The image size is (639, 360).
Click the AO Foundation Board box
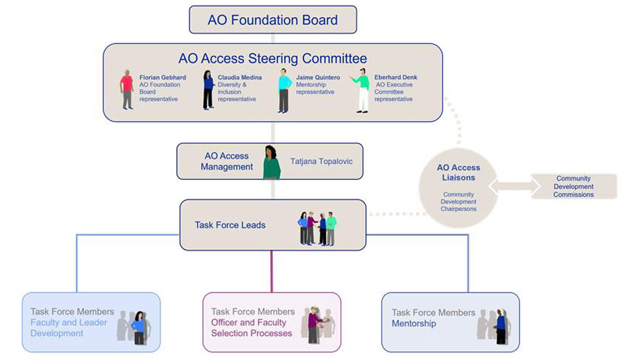273,20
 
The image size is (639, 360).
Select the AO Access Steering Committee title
273,58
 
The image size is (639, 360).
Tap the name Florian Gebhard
163,77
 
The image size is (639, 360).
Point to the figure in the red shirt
127,89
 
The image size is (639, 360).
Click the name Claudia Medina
240,77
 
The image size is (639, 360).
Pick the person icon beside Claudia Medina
208,89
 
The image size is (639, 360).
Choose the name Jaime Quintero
318,77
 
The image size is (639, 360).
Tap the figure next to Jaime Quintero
284,90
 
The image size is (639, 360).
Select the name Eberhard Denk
395,77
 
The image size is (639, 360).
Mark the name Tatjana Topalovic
322,162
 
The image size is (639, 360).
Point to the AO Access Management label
226,161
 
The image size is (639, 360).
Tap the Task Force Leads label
230,225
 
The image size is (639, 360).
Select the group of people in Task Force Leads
317,227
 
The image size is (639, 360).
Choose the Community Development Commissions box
574,187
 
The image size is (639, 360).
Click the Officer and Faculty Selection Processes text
252,327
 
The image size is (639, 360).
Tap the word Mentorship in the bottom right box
414,324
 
